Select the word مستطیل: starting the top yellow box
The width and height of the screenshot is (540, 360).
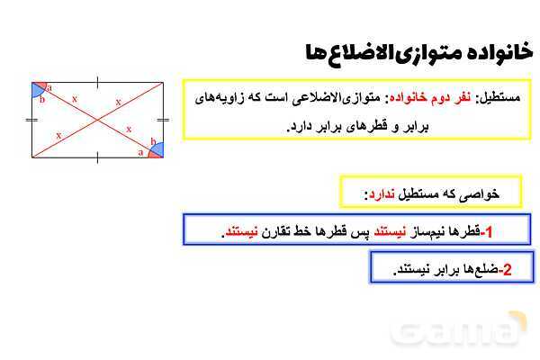click(500, 96)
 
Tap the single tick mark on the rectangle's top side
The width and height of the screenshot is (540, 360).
click(98, 83)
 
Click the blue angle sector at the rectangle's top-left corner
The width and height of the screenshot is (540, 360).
click(39, 88)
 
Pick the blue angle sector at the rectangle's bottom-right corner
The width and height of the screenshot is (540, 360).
click(157, 151)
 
